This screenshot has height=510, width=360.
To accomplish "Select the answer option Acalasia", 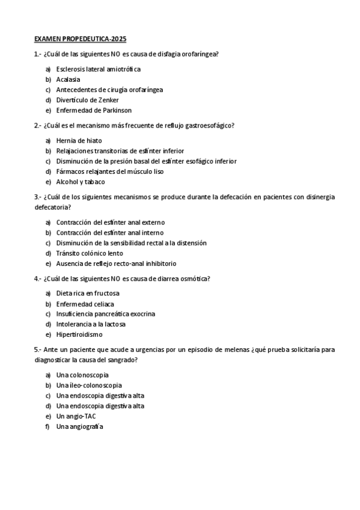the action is tap(68, 79).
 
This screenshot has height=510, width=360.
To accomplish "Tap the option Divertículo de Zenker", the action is tap(87, 100).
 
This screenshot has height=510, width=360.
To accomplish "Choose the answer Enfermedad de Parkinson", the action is tap(94, 111).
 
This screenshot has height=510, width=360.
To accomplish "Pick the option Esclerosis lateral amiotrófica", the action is tap(98, 69).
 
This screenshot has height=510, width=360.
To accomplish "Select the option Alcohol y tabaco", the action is tap(81, 182).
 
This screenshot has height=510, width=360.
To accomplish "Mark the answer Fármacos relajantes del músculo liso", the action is tap(109, 171).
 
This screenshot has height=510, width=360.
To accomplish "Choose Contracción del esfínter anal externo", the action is tap(110, 223).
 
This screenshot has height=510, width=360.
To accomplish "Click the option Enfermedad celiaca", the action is tap(85, 304).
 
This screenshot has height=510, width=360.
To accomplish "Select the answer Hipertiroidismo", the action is tap(79, 334).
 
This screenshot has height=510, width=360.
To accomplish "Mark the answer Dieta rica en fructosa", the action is tap(88, 293).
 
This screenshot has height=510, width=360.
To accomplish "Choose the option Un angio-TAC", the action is tap(76, 416).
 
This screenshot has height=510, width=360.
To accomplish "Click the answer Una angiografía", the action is tap(80, 426).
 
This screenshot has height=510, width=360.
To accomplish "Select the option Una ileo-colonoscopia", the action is tap(89, 386).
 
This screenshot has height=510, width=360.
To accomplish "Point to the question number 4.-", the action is tap(38, 278).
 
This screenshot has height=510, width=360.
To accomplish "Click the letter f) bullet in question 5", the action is tap(47, 426).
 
